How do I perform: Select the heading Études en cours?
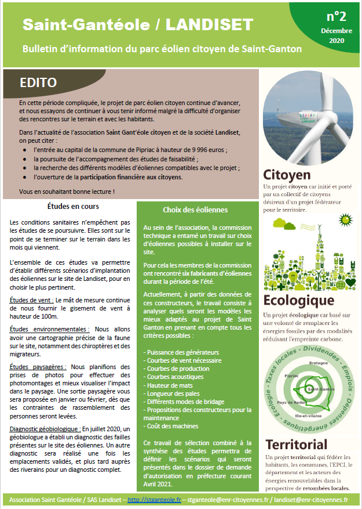72,206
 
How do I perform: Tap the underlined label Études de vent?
31,299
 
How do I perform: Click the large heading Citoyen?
287,174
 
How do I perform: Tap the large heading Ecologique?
298,300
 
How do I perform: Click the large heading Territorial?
296,445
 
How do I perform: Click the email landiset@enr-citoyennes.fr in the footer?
311,499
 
